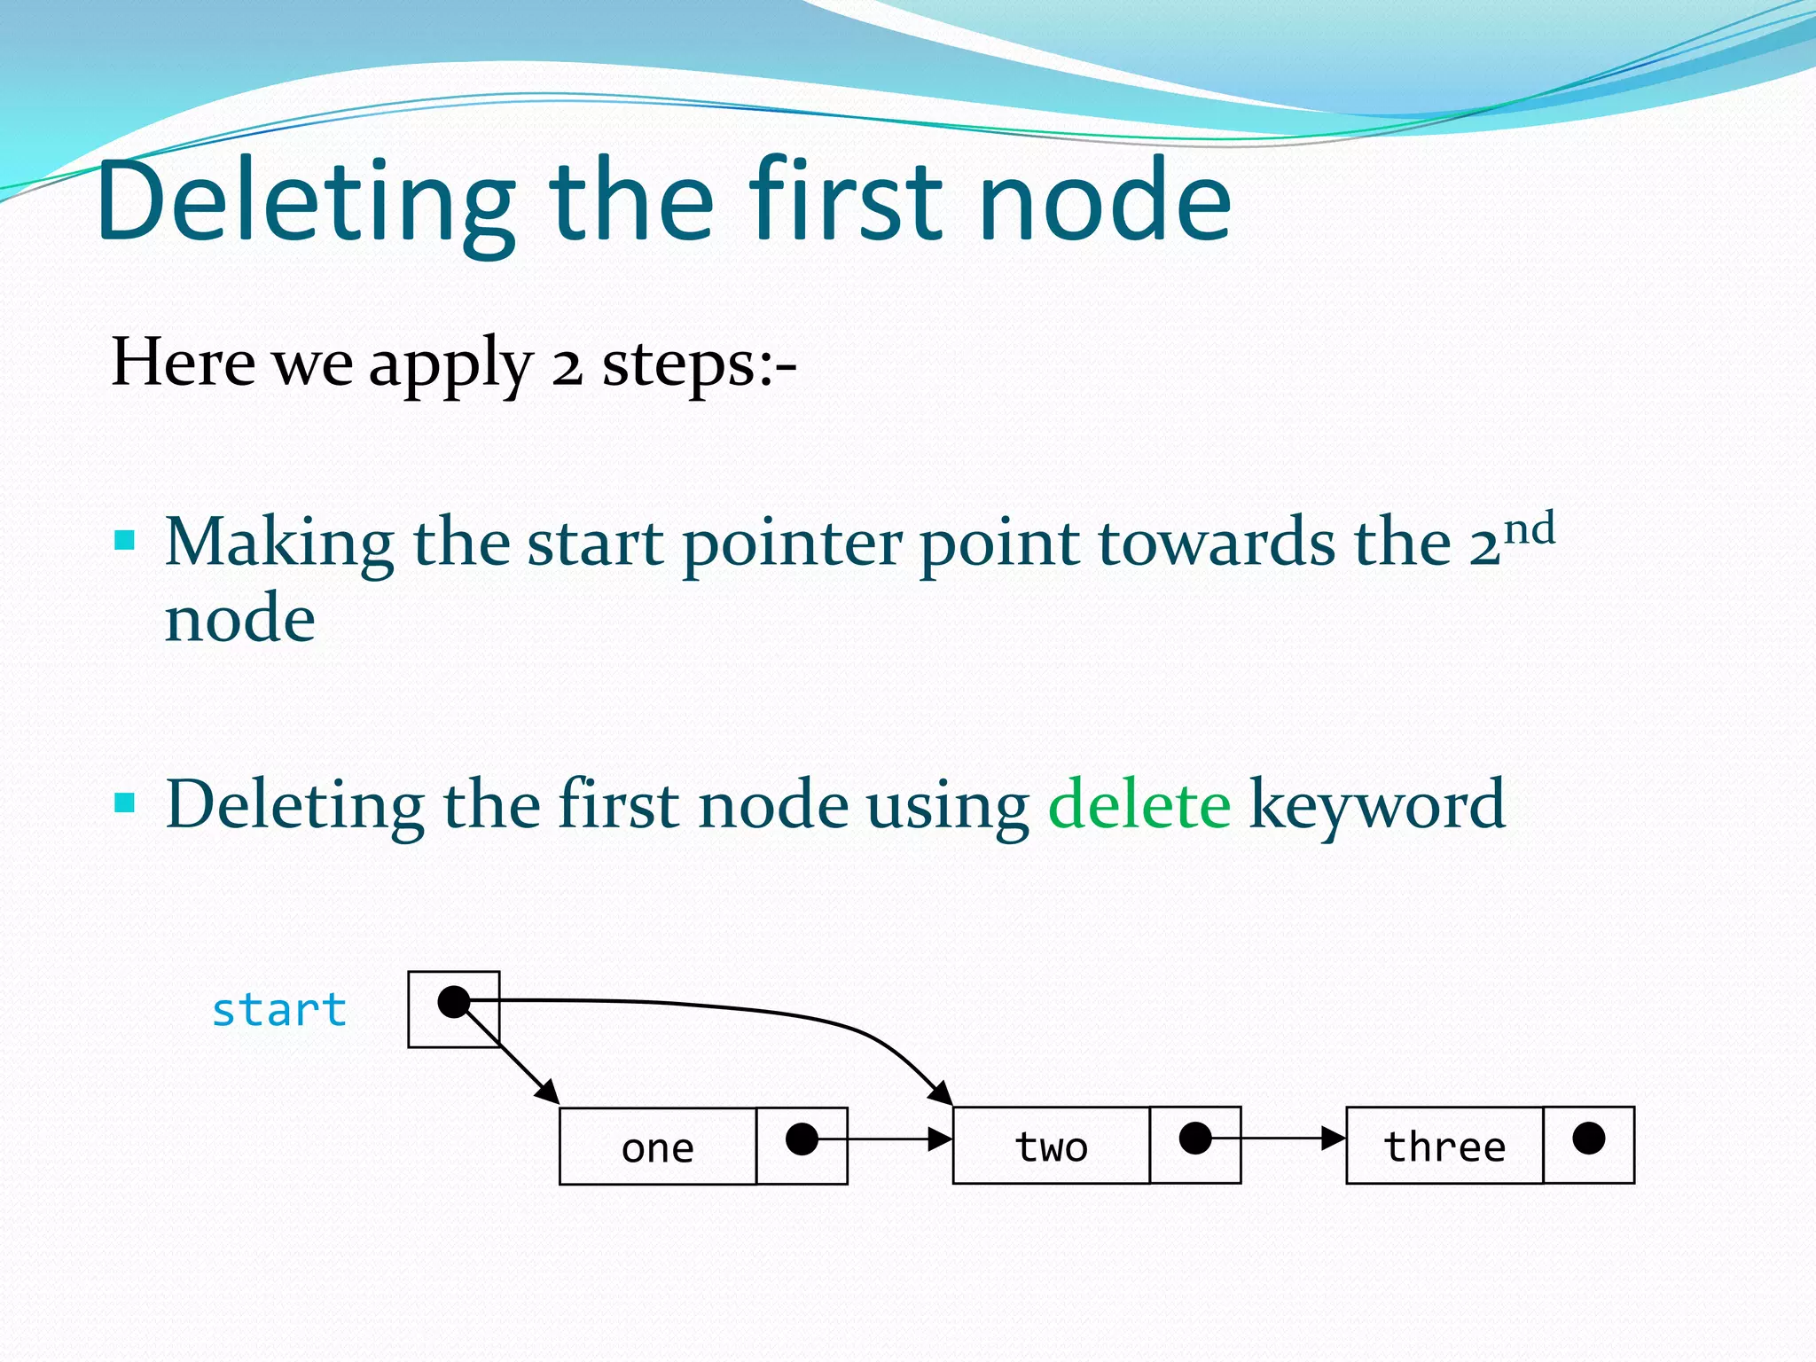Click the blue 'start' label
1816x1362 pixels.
(278, 1010)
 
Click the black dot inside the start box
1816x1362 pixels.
(454, 1002)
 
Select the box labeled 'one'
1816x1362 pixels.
(658, 1147)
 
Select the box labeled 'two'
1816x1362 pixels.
(1051, 1146)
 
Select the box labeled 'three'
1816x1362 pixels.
(1444, 1146)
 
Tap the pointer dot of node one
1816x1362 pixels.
(802, 1139)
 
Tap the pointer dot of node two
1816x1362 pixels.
(1195, 1139)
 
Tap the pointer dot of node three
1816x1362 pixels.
(1588, 1139)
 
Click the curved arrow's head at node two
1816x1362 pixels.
(942, 1093)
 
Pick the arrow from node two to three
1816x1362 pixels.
(1277, 1139)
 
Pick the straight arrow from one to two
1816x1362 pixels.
(887, 1139)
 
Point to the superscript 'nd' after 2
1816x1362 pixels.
(1530, 529)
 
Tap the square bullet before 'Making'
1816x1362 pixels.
(125, 540)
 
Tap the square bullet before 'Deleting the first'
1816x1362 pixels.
(125, 803)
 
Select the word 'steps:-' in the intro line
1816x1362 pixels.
(699, 364)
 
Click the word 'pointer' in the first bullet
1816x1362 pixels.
(792, 543)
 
